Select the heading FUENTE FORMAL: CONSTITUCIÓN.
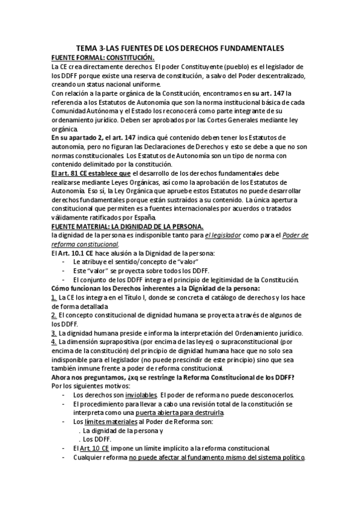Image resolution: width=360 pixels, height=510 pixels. tap(103, 57)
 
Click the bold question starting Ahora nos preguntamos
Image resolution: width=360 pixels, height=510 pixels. tap(177, 377)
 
